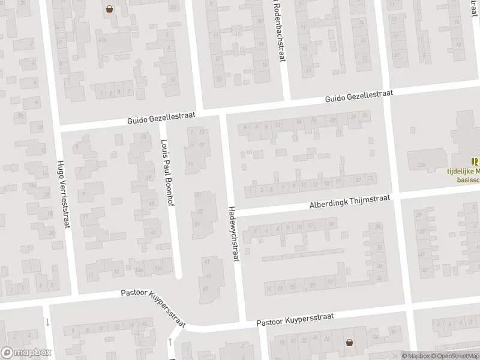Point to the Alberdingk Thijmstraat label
[x=350, y=201]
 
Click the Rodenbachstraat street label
[x=278, y=30]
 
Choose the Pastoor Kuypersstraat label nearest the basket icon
[x=294, y=319]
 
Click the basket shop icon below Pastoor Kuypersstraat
[x=349, y=343]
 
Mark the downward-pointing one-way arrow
[x=47, y=323]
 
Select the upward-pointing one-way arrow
[x=172, y=341]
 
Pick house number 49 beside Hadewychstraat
[x=207, y=289]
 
